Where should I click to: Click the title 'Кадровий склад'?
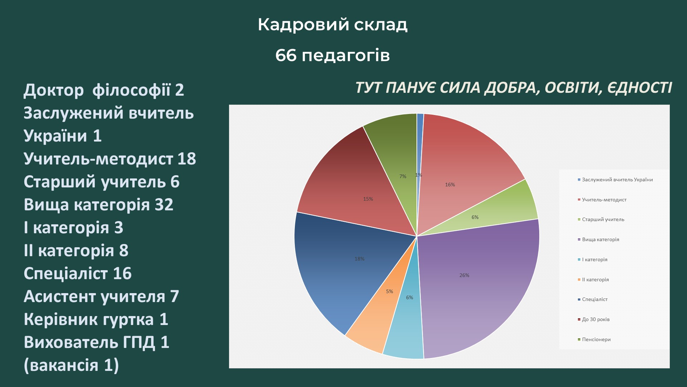pos(332,25)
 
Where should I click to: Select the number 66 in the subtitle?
pos(286,56)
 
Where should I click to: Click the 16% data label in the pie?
pos(450,185)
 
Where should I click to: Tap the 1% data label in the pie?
pos(418,175)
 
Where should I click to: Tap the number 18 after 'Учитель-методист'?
pos(187,159)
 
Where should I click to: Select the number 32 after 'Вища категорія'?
pos(164,205)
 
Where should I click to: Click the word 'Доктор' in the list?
pos(54,90)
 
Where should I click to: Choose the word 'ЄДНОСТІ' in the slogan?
pos(639,88)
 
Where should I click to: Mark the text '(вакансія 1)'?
pos(71,365)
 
